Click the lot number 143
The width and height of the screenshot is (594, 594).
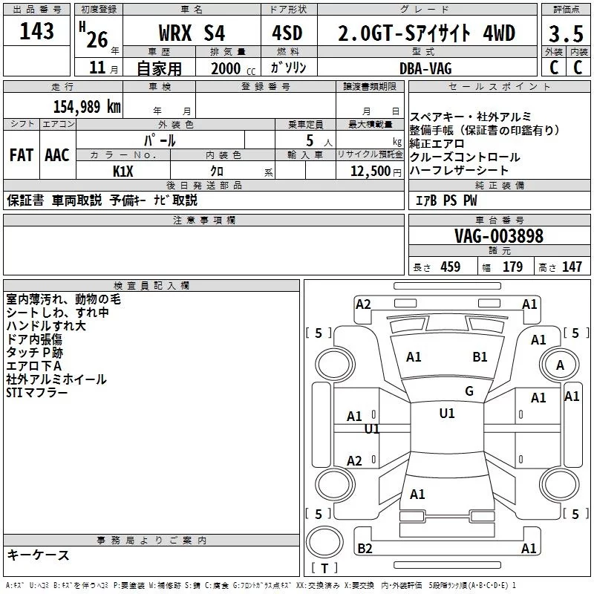tap(37, 32)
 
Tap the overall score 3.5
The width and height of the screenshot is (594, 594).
tap(565, 34)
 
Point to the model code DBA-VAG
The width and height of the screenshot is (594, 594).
tap(426, 68)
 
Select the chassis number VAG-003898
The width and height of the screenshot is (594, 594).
tap(499, 236)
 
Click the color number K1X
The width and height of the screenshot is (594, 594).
tap(123, 171)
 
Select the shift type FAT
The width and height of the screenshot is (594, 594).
tap(21, 155)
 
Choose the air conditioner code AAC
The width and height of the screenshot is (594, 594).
tap(56, 155)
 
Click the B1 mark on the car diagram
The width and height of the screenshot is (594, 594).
tap(480, 356)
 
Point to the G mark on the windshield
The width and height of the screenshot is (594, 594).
tap(469, 391)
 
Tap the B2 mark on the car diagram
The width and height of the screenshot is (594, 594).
tap(365, 549)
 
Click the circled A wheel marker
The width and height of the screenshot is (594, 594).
tap(560, 365)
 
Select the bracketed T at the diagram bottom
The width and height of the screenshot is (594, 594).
tap(324, 569)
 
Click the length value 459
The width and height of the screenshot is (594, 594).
tap(450, 267)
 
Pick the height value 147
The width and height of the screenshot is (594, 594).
tap(572, 267)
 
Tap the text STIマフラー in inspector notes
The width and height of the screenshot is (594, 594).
tap(37, 392)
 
